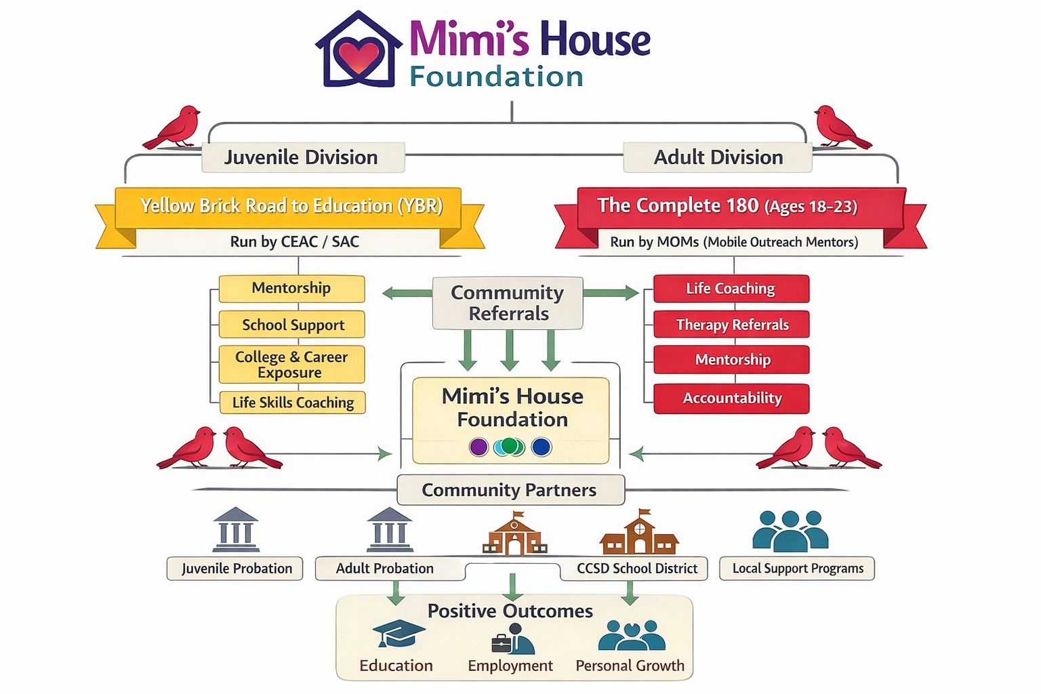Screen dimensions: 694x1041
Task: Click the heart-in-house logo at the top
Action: coord(359,51)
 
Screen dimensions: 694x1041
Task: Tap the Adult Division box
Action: coord(718,157)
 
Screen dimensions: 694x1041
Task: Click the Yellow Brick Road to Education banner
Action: coord(290,206)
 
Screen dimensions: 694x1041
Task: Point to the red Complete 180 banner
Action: coord(739,206)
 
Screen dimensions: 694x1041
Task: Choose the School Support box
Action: coord(292,325)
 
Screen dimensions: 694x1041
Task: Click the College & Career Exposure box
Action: coord(291,365)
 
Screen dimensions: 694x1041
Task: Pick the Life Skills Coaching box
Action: coord(293,403)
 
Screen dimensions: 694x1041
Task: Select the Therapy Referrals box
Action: coord(732,325)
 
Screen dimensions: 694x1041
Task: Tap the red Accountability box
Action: coord(732,399)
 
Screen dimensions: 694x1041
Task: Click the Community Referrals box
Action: coord(508,303)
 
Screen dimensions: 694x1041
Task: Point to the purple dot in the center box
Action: coord(478,447)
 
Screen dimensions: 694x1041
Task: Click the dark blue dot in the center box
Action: coord(541,447)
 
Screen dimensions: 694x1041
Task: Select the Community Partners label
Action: coord(510,490)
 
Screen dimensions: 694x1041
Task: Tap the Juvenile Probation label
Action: coord(235,569)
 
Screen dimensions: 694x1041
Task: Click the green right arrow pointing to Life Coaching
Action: coord(611,293)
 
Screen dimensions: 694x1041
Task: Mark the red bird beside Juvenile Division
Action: coord(173,127)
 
